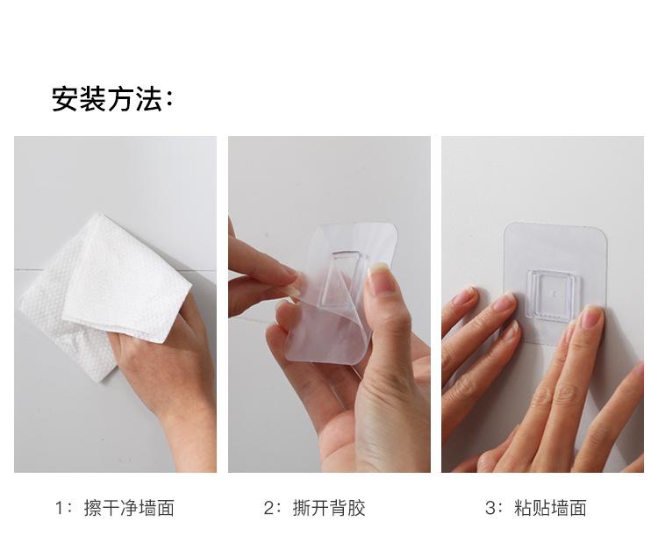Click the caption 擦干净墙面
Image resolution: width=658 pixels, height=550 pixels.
click(x=129, y=508)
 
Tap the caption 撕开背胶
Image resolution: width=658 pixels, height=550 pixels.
click(x=329, y=508)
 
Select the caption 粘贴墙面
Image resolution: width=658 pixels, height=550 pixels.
click(x=550, y=508)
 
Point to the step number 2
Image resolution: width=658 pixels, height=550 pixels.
click(x=269, y=508)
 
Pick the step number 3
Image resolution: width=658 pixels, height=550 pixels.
click(x=490, y=508)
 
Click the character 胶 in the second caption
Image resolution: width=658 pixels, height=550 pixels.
click(x=356, y=508)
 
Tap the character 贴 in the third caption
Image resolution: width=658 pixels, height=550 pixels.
click(x=541, y=508)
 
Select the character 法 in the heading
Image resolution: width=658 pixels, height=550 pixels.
click(x=149, y=99)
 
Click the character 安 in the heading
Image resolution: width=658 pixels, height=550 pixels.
click(x=65, y=99)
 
